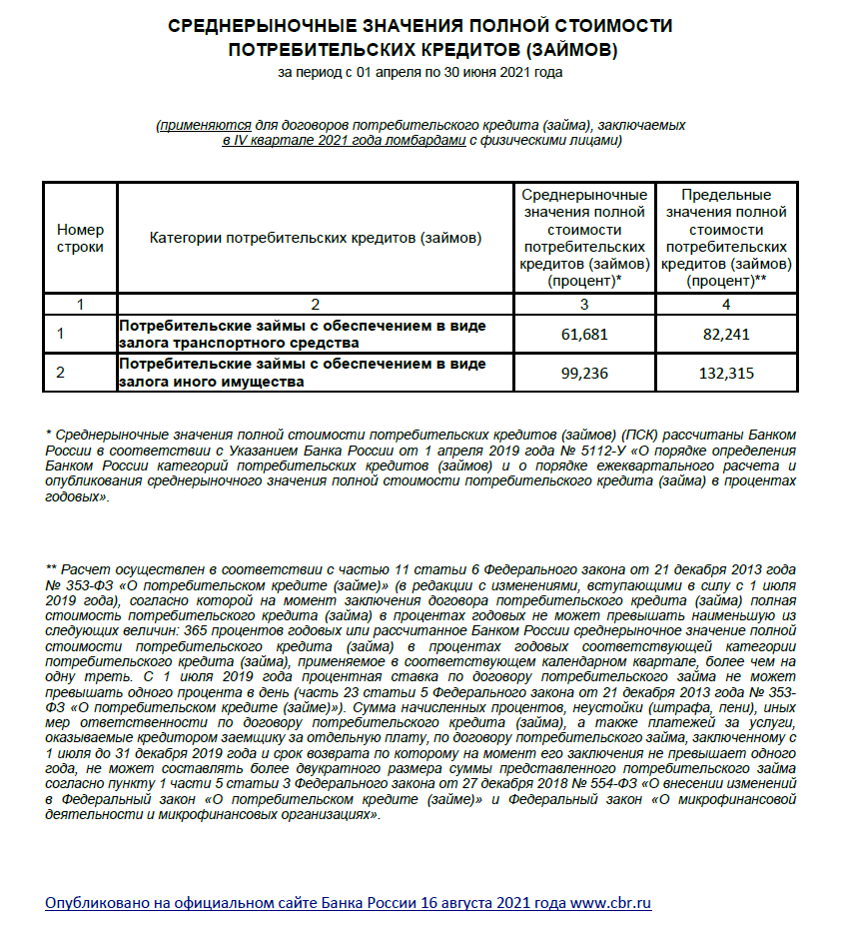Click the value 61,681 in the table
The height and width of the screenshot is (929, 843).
[584, 335]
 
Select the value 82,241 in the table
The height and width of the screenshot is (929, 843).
[726, 335]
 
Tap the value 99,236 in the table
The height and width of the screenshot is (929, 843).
[584, 374]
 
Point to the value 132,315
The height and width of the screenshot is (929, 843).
[726, 374]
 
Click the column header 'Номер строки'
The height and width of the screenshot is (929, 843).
[80, 238]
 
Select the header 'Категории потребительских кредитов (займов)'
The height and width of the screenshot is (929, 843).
[316, 238]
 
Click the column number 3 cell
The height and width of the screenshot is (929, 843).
[584, 303]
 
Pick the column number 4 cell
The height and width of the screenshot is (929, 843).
[726, 303]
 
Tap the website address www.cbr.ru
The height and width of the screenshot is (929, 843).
[610, 903]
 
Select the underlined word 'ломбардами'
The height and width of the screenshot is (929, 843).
[430, 142]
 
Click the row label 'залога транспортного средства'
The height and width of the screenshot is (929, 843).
[225, 343]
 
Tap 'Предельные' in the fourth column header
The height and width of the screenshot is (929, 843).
[726, 195]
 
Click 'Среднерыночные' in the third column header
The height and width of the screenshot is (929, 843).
[584, 195]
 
